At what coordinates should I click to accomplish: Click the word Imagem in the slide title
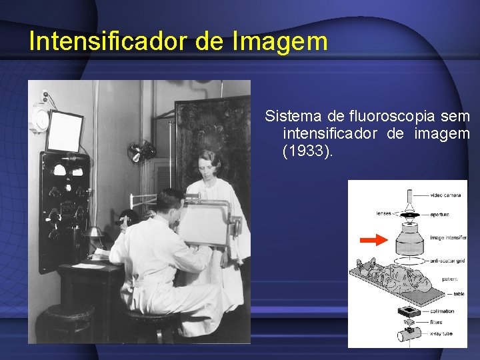click(281, 41)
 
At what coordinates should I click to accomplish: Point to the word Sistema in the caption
click(290, 117)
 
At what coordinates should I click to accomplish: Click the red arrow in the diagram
click(373, 239)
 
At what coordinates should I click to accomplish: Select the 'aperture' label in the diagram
click(439, 214)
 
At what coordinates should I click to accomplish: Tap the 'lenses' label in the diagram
click(383, 213)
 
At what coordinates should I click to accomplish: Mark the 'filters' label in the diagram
click(437, 322)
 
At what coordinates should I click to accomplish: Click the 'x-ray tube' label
click(442, 333)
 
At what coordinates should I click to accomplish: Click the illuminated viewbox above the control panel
click(64, 131)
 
